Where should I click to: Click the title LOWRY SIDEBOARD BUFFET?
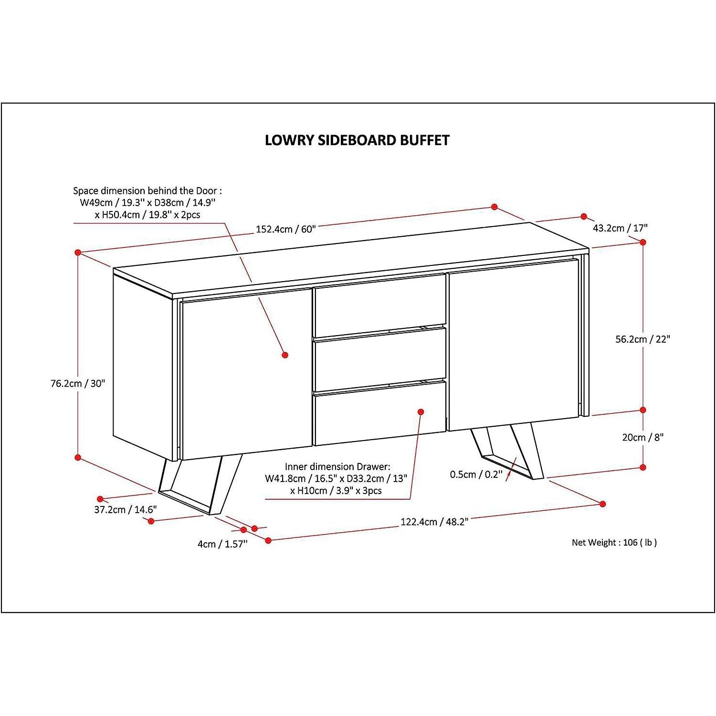[357, 140]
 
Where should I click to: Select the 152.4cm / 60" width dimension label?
[286, 229]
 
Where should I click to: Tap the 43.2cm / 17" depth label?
[620, 228]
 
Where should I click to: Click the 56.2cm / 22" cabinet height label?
[642, 339]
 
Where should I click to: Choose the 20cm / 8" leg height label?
[642, 437]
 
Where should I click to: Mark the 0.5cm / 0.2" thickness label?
[475, 474]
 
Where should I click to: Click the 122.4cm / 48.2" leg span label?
[434, 522]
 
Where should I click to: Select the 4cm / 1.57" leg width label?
[222, 544]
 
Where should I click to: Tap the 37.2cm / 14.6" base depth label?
[125, 510]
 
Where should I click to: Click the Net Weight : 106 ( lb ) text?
[614, 542]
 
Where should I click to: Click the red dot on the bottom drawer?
[421, 411]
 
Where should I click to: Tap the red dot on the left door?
[285, 355]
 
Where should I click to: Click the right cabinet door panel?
[513, 344]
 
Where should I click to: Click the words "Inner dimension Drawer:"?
[337, 466]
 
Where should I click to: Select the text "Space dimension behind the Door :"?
[147, 191]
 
